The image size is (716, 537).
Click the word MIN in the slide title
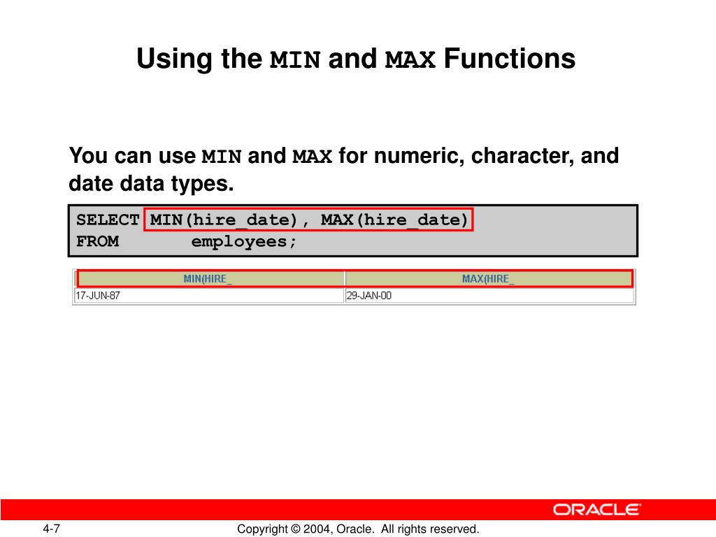(295, 60)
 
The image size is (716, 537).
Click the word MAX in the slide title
(410, 60)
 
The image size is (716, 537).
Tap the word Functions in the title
(510, 59)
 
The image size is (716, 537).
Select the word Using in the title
(174, 60)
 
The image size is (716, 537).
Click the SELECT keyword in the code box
(108, 220)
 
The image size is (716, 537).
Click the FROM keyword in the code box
(98, 241)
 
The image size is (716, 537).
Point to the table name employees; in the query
(244, 242)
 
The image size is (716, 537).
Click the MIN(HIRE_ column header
(208, 279)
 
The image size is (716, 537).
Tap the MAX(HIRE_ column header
(488, 279)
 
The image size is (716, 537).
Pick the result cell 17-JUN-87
(98, 296)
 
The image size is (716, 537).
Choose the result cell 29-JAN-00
(369, 296)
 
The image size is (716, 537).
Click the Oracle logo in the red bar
(597, 510)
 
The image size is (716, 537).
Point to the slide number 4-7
(52, 529)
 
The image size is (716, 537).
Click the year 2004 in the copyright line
(317, 529)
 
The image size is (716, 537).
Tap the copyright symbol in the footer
(296, 529)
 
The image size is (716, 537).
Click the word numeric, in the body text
(420, 156)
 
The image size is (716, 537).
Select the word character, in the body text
(522, 156)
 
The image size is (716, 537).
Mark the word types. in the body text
(202, 185)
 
